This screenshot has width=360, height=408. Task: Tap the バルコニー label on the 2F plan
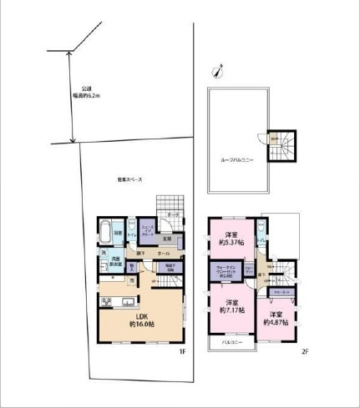click(232, 342)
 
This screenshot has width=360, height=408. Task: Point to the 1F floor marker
click(180, 352)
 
